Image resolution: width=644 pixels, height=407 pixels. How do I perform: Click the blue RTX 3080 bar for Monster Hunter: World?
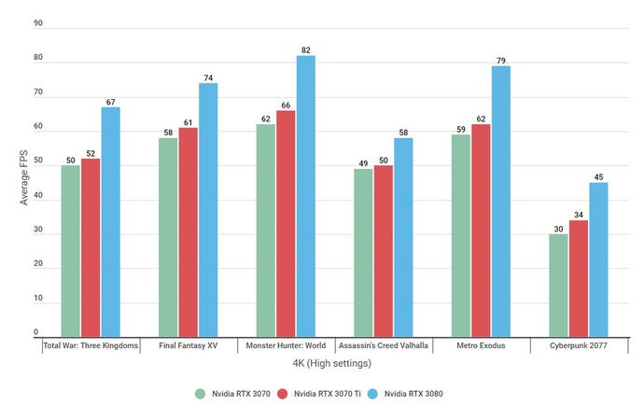click(305, 196)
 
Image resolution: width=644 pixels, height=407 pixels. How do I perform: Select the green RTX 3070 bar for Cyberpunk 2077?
click(558, 285)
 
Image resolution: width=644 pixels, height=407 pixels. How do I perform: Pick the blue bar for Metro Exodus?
click(501, 201)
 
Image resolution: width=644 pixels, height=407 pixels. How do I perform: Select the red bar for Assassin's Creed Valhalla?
click(383, 250)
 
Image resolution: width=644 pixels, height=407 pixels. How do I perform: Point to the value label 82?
click(305, 49)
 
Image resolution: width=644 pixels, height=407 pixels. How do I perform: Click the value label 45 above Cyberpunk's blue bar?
click(597, 175)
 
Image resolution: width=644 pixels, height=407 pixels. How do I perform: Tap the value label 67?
click(110, 100)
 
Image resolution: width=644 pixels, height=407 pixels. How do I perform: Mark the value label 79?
click(501, 59)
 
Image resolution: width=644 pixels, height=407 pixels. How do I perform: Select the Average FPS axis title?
click(24, 177)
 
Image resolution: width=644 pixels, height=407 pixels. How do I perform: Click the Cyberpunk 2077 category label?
click(579, 345)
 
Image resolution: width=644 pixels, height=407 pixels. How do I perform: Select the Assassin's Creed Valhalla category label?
click(383, 345)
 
